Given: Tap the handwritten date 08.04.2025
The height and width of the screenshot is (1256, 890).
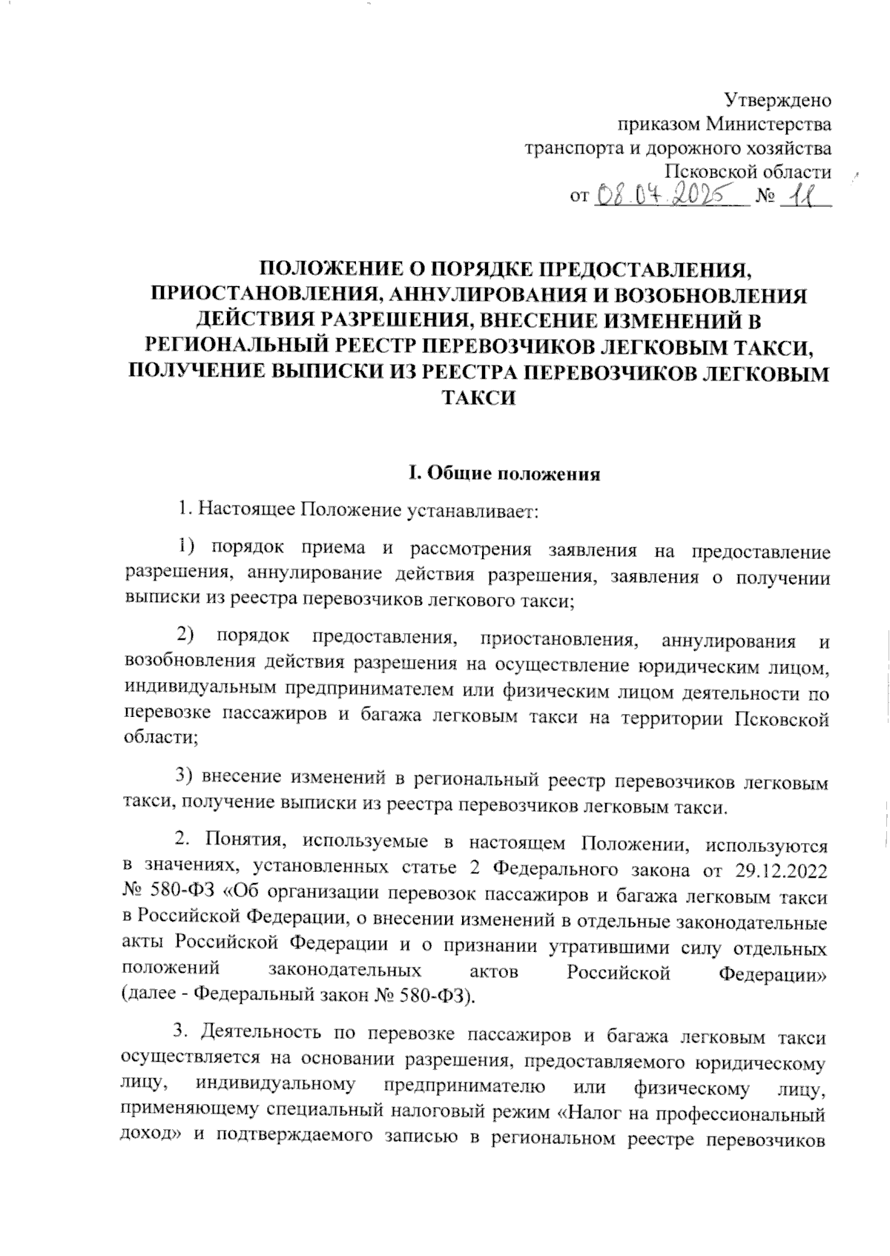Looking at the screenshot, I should pos(668,196).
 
